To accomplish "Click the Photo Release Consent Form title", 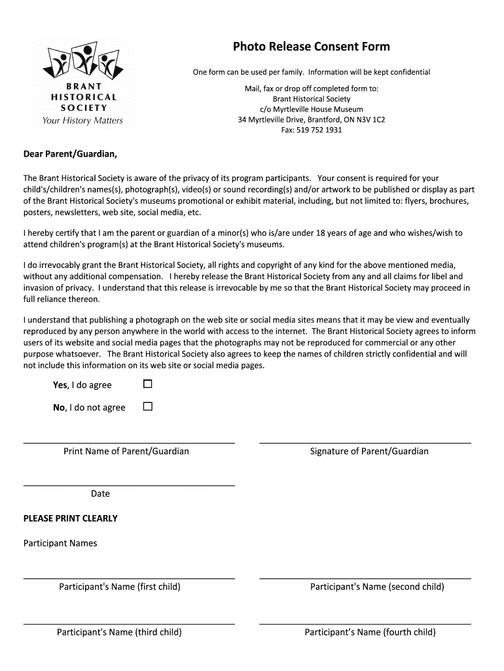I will [x=311, y=47].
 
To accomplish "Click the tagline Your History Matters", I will [x=82, y=121].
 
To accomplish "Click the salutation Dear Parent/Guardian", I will [x=71, y=155].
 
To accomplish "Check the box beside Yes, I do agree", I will [x=147, y=383].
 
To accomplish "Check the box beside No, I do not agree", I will [x=147, y=406].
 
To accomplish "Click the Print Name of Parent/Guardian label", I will [x=126, y=451].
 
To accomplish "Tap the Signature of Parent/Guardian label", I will [x=369, y=451].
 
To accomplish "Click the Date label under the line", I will [x=100, y=493].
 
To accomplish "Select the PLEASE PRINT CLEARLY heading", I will [x=71, y=518].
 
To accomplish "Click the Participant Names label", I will [x=60, y=543].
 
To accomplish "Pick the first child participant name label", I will [x=120, y=586].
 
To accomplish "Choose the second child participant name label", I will [x=377, y=586].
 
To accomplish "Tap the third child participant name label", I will [x=119, y=632].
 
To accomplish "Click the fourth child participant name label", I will [x=370, y=632].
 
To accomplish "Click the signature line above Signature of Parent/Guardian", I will [x=365, y=444].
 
